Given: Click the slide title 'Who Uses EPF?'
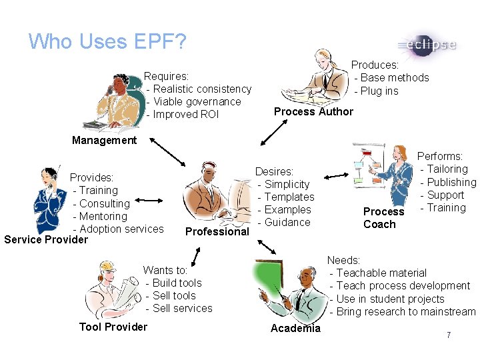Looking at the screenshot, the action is (107, 42).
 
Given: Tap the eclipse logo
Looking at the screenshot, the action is (427, 45).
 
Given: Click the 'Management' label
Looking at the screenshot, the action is (104, 140).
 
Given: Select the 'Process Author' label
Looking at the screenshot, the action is (313, 111).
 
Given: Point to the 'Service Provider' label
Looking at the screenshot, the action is (46, 239).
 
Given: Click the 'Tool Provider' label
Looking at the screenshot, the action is (113, 327).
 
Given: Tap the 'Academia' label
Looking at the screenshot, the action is (295, 328).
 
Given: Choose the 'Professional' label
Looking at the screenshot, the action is (217, 231).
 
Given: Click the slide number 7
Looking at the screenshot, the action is (449, 335).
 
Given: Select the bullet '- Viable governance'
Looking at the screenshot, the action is (194, 101).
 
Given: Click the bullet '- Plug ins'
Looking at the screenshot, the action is (377, 91).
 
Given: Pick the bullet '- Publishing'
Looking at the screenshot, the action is (448, 182).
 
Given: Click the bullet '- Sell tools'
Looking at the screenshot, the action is (171, 295).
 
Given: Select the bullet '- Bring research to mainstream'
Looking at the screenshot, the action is (403, 311).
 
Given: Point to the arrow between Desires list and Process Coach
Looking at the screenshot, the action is (337, 176).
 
